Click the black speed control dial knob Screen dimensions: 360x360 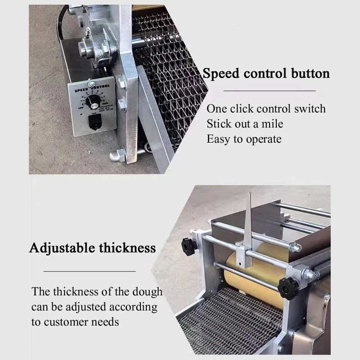point(94,103)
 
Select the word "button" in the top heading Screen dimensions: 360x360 point(310,73)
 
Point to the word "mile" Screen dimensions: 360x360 point(271,124)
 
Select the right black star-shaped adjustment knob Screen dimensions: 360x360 point(288,288)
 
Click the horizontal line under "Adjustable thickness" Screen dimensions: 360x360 point(90,271)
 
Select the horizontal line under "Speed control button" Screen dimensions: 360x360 point(270,90)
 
